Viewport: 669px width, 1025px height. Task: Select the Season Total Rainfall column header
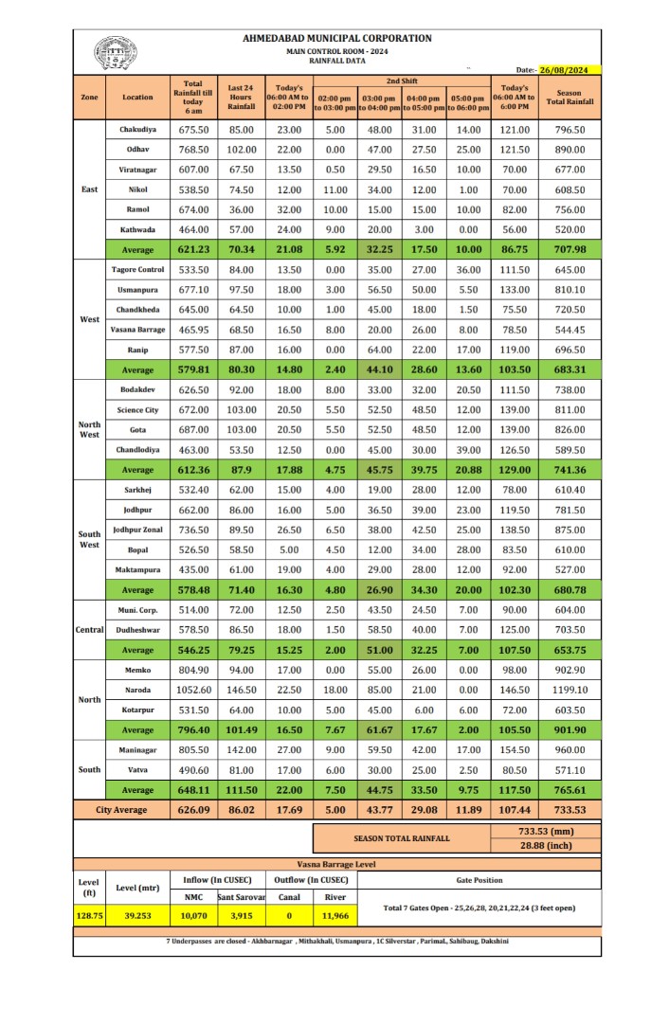click(570, 98)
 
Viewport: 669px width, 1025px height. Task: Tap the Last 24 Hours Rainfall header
click(242, 98)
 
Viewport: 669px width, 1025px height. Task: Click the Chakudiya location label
click(137, 129)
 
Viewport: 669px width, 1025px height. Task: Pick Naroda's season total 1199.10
click(570, 691)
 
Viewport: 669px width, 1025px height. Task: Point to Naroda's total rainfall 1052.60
click(194, 691)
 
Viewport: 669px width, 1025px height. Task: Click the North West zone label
click(89, 429)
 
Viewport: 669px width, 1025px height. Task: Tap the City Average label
click(121, 810)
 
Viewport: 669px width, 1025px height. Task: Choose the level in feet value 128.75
click(88, 916)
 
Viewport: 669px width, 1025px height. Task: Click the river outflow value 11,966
click(335, 916)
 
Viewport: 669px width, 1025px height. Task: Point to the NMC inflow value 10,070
click(193, 916)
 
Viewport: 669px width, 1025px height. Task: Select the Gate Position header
click(479, 880)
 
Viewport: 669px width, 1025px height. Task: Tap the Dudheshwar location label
click(137, 630)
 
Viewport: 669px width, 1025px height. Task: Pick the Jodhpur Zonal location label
click(137, 530)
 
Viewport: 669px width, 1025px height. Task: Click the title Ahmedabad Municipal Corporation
click(336, 39)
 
